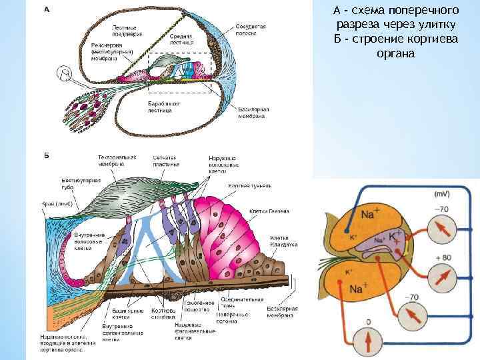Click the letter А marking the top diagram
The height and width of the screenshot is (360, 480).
coord(46,9)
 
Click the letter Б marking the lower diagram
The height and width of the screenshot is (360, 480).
coord(46,155)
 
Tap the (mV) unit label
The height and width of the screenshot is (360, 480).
coord(441,194)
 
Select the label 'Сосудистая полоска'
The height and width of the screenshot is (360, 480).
coord(251,29)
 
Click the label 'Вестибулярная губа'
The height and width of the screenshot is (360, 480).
coord(67,183)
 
